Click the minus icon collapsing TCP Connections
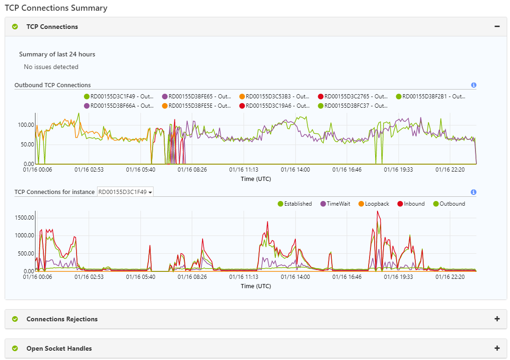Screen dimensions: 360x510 (x=497, y=27)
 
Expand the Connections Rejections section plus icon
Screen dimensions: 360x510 (x=497, y=319)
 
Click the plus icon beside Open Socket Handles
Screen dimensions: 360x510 (x=497, y=348)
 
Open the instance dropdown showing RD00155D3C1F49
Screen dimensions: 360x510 (x=125, y=192)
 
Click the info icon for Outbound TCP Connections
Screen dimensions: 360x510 (x=474, y=85)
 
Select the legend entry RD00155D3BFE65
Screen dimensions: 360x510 (x=196, y=97)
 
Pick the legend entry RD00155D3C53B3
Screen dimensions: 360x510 (x=274, y=97)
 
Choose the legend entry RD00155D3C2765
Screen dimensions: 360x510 (x=353, y=97)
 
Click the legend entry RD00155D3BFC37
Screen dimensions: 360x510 (x=353, y=106)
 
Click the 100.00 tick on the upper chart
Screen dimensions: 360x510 (x=26, y=125)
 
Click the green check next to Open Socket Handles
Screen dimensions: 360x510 (x=15, y=348)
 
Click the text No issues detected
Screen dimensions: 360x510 (x=51, y=67)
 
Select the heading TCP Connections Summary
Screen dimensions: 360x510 (x=56, y=8)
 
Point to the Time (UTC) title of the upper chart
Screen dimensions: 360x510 (x=256, y=179)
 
